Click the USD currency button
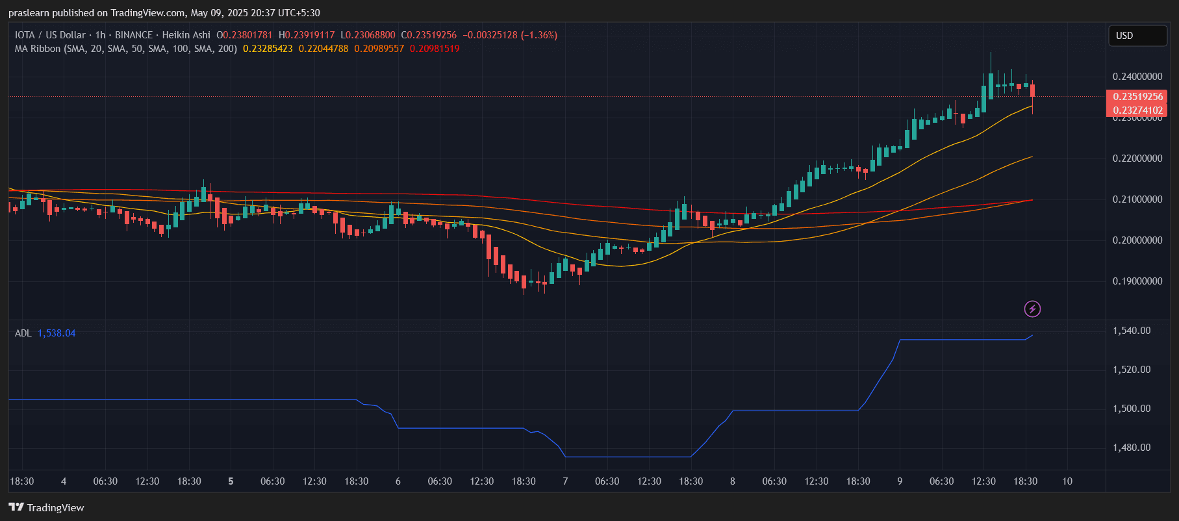coord(1137,36)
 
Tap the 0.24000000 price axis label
coord(1137,77)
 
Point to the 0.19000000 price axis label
coord(1137,281)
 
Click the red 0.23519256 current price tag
coord(1137,97)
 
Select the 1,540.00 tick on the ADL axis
coord(1132,331)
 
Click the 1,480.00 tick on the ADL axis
coord(1132,448)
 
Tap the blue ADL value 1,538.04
coord(57,333)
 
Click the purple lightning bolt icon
coord(1032,309)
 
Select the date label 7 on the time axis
coord(565,481)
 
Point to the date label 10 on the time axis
coord(1067,481)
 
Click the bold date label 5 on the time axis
coord(231,481)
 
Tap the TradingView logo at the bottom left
coord(47,507)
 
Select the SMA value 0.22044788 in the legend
coord(323,49)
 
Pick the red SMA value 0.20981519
coord(434,49)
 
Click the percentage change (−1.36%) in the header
coord(539,35)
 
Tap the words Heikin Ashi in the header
coord(186,35)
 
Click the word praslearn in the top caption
coord(29,13)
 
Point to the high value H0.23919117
coord(307,35)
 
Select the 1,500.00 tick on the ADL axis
coord(1132,409)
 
